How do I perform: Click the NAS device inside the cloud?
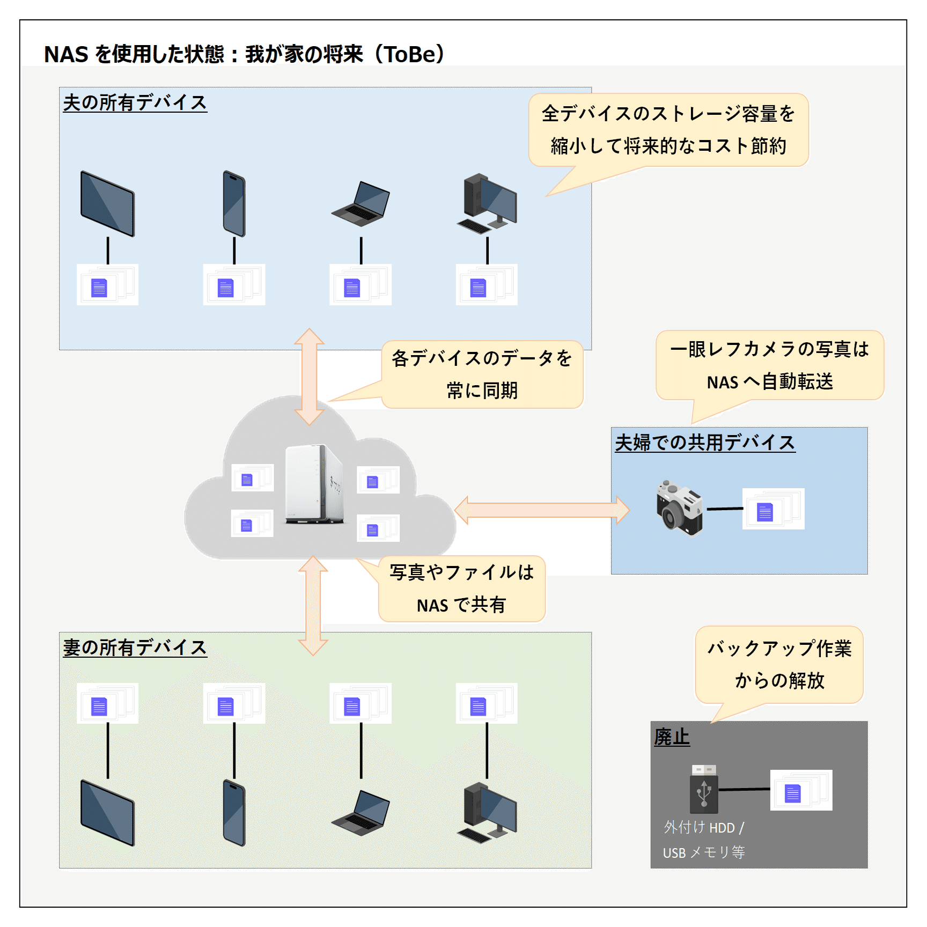point(314,484)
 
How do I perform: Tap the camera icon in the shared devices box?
point(679,507)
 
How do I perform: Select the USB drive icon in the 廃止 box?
point(703,789)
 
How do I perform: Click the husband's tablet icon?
point(107,204)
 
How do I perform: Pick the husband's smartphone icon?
point(234,204)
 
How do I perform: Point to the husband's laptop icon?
point(360,204)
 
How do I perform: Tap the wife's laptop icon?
point(360,812)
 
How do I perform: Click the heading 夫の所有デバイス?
point(135,102)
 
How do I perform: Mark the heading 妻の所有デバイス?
point(135,647)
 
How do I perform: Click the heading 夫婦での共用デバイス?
point(704,443)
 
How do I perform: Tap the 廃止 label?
point(671,737)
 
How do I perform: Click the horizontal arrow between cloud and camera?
point(542,510)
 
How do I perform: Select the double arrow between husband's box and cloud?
point(310,377)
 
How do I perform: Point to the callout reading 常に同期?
point(482,374)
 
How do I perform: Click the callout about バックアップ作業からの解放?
point(779,664)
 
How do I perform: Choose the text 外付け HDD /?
point(703,827)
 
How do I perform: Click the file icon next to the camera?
point(772,509)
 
